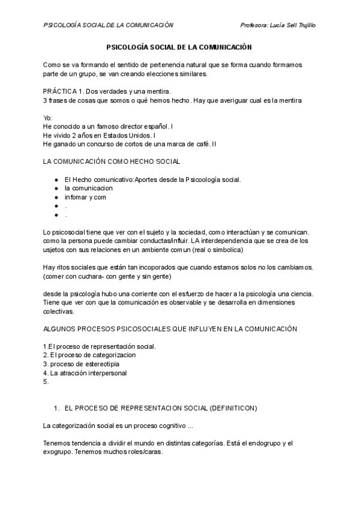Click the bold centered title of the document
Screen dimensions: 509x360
(x=179, y=46)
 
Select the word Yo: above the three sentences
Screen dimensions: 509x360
(x=48, y=118)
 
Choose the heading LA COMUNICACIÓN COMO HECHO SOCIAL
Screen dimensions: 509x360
(x=112, y=161)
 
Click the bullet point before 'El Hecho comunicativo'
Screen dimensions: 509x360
(x=56, y=179)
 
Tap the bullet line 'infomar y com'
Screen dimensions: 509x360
(x=85, y=197)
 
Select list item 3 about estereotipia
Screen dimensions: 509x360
(x=81, y=364)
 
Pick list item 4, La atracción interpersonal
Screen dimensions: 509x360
(x=85, y=373)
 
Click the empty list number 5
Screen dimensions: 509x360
(x=46, y=381)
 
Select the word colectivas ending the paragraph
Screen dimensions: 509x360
(x=59, y=312)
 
